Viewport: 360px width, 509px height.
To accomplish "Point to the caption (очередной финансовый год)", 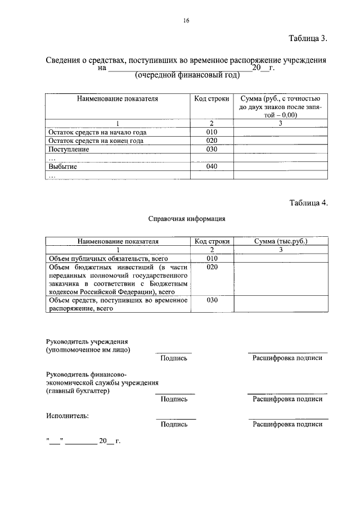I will pos(187,75).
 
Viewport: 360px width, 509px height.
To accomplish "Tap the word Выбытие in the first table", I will pos(62,166).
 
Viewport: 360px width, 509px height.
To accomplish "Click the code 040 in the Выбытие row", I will pos(211,166).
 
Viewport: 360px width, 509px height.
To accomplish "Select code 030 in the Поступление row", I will pos(211,150).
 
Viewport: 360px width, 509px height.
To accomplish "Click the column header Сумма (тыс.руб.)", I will pos(280,241).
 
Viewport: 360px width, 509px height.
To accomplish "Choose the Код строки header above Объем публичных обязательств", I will pos(212,241).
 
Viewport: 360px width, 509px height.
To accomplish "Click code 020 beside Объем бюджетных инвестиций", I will pos(211,267).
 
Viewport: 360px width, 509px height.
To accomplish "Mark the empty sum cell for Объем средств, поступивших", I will pos(280,304).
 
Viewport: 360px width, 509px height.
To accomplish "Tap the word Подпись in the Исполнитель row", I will pos(174,425).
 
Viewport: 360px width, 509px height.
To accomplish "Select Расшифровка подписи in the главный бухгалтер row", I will pos(287,399).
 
